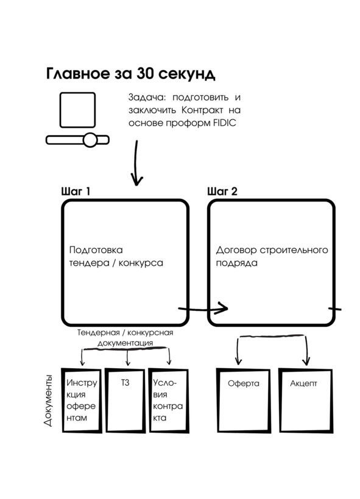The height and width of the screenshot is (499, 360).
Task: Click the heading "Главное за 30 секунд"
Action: [x=130, y=74]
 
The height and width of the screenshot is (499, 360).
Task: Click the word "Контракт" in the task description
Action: [x=202, y=110]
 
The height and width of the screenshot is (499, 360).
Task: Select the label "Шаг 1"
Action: [x=76, y=192]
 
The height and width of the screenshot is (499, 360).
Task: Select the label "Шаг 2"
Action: [x=222, y=192]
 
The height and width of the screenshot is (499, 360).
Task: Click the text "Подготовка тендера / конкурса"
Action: [x=116, y=257]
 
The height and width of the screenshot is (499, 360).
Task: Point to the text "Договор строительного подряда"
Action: [x=272, y=257]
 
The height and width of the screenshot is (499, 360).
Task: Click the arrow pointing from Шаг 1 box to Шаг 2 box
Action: [x=203, y=308]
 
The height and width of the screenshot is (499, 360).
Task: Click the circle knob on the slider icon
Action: [x=90, y=140]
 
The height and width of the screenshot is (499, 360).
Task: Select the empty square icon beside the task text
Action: [x=78, y=110]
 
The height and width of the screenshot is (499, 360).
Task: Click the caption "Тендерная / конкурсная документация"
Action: [x=125, y=338]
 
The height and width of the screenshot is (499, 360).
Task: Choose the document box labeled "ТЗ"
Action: [x=125, y=400]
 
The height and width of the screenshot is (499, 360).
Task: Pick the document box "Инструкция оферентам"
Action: [x=82, y=400]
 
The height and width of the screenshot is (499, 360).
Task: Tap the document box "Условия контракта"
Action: [x=169, y=400]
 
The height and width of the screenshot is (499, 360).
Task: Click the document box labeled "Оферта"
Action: [x=244, y=400]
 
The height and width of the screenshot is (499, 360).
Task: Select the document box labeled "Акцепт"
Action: [x=306, y=400]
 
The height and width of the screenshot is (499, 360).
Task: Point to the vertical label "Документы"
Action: [x=48, y=401]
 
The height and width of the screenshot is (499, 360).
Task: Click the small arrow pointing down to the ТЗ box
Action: [x=128, y=357]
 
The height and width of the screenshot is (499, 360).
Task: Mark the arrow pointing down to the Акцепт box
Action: [x=306, y=350]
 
